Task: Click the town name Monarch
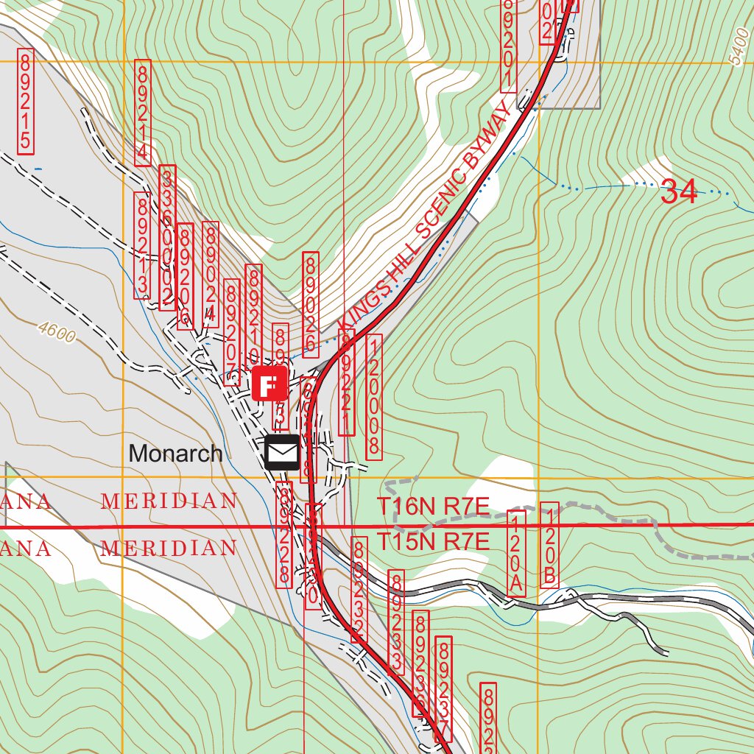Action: pos(175,454)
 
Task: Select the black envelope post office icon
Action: pos(281,452)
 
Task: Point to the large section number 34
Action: pos(678,192)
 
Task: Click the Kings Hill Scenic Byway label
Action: pos(425,217)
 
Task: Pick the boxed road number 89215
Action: pos(25,101)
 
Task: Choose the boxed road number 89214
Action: pos(143,113)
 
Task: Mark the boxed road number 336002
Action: pos(168,237)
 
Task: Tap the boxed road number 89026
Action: pos(311,303)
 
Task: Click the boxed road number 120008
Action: pos(374,397)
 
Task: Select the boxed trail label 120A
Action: pos(518,553)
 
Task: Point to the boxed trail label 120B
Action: pos(549,545)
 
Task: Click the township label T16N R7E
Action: pos(433,507)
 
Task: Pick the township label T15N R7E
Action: pos(433,543)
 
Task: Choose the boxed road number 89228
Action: pos(284,535)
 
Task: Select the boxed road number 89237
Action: pos(443,689)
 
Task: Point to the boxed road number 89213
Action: pos(141,245)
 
